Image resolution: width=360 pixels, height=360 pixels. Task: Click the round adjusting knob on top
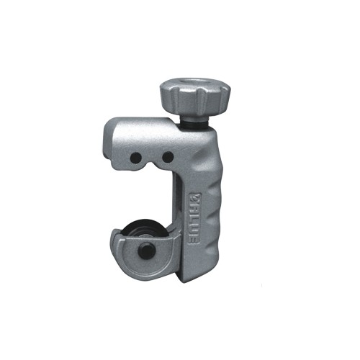195,99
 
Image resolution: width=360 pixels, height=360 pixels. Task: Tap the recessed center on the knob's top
195,83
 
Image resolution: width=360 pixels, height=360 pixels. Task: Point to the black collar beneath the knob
195,123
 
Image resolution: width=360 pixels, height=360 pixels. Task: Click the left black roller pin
136,158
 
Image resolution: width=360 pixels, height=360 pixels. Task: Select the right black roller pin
168,157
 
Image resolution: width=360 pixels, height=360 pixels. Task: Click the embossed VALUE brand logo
194,218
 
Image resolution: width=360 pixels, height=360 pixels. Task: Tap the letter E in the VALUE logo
194,239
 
